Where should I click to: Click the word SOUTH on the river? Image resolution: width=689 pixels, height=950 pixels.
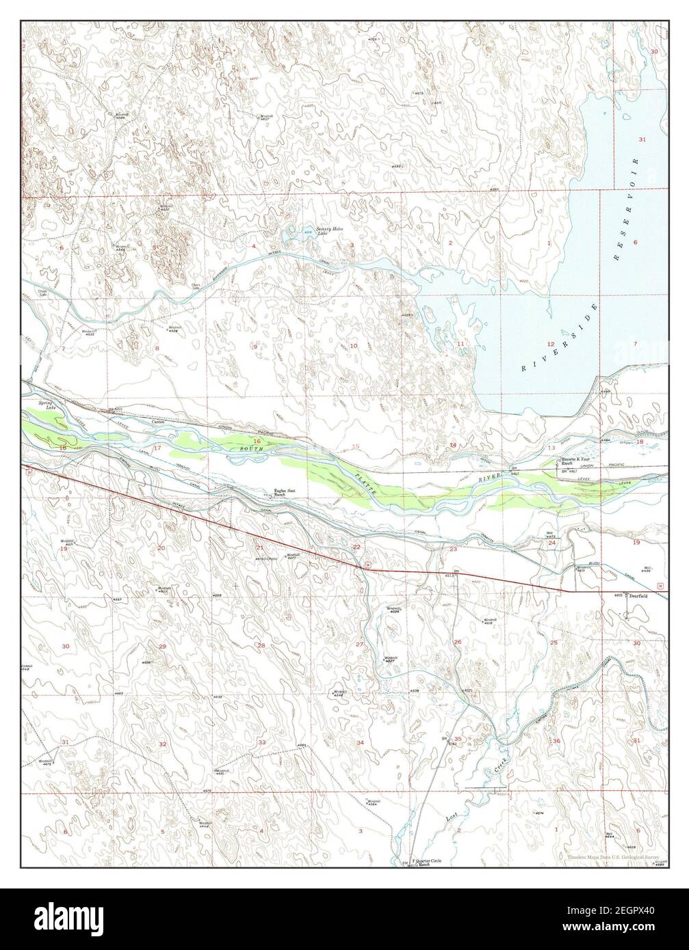pos(250,448)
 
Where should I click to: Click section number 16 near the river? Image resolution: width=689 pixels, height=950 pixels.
pos(258,441)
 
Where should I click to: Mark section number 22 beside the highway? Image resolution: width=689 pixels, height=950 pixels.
pos(356,547)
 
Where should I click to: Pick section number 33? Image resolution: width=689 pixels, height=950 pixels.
pos(261,742)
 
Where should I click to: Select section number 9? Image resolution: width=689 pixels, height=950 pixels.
pos(256,347)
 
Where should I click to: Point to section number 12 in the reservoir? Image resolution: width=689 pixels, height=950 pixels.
pos(550,343)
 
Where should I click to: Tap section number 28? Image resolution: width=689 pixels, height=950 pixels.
pos(261,645)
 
